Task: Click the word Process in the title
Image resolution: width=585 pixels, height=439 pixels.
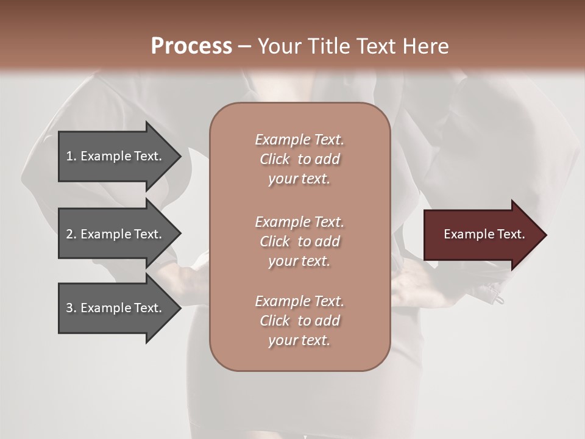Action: click(191, 46)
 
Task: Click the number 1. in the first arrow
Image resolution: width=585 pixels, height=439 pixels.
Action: click(71, 156)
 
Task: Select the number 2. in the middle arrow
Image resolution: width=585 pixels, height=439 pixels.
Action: click(71, 234)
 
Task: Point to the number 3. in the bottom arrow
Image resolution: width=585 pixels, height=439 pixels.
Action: click(71, 308)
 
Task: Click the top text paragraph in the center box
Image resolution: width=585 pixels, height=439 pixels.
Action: click(299, 159)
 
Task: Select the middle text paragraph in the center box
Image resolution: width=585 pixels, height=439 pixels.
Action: click(299, 241)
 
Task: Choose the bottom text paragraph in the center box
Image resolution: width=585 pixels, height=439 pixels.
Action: click(299, 321)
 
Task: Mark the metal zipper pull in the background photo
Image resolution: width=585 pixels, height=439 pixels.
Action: click(499, 299)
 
